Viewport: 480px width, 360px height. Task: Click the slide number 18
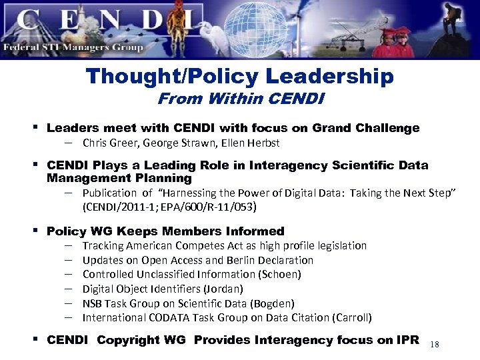[435, 344]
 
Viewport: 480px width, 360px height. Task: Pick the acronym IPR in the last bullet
[407, 340]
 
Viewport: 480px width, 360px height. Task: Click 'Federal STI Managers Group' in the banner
[73, 47]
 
